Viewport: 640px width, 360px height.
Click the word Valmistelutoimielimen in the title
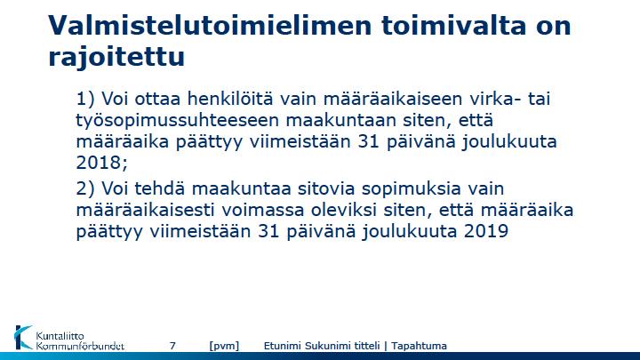[x=210, y=25]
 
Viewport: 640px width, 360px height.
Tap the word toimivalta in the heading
[x=454, y=25]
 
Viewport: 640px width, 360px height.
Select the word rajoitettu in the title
[x=116, y=56]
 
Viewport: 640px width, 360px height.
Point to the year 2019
[x=485, y=231]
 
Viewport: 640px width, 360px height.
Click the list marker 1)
[x=85, y=99]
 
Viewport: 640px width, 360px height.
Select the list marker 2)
[x=85, y=188]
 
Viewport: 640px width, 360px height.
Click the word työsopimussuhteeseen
[x=178, y=120]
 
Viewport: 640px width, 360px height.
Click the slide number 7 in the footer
[x=172, y=346]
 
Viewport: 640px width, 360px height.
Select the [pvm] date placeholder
[x=224, y=346]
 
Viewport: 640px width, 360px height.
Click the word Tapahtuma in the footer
[x=419, y=346]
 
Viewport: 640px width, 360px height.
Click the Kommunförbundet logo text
[x=80, y=346]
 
